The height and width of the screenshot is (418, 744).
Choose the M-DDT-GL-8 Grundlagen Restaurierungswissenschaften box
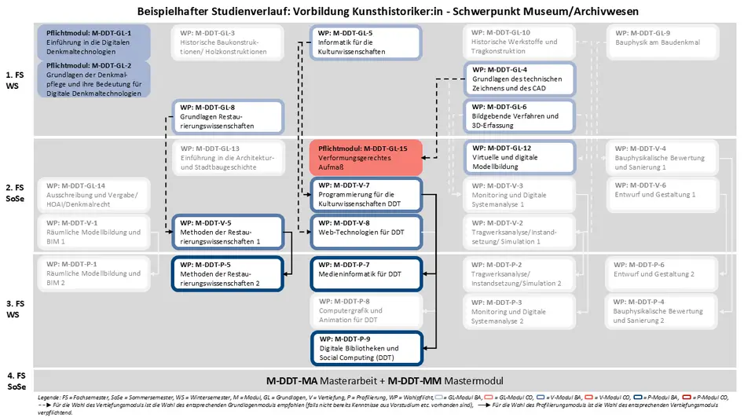point(226,116)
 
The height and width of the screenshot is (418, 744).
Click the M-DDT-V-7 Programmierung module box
point(366,194)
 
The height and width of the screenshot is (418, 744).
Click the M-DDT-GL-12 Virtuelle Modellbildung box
point(519,157)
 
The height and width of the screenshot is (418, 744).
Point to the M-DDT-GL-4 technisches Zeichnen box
point(519,79)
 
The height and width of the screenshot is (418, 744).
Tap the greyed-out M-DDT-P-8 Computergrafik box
point(366,310)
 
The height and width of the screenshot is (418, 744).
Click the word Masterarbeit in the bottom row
point(344,380)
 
